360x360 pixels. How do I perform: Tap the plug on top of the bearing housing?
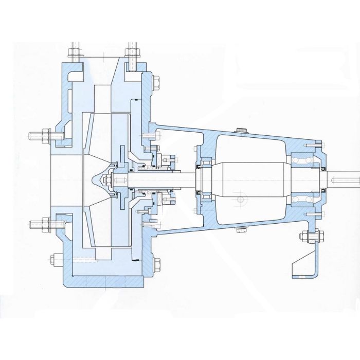point(240,130)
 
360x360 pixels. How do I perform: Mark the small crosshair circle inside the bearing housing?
point(240,199)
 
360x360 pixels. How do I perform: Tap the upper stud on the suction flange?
point(39,136)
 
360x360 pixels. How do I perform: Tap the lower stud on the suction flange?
point(39,224)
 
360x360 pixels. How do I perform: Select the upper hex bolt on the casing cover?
point(156,81)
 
